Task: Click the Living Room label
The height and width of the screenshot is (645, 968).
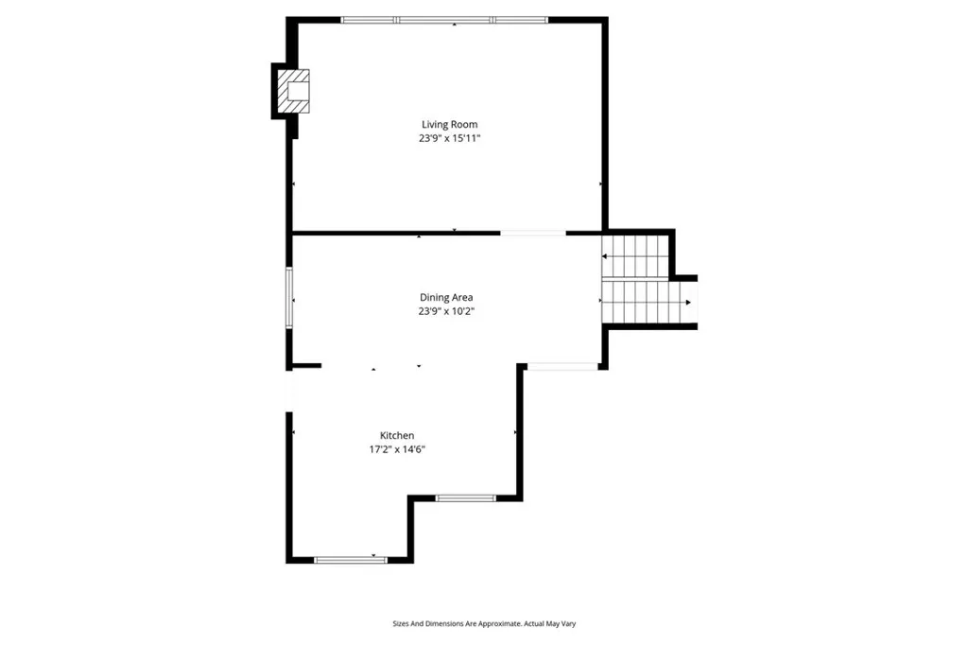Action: tap(449, 124)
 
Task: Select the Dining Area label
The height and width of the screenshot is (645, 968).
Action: tap(446, 297)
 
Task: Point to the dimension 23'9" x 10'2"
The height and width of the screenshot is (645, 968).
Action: tap(446, 310)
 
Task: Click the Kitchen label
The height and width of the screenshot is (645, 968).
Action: tap(397, 435)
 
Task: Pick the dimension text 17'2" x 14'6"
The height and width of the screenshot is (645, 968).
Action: tap(397, 449)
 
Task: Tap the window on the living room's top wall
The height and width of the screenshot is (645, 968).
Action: tap(444, 19)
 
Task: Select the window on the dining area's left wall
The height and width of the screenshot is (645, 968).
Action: tap(289, 298)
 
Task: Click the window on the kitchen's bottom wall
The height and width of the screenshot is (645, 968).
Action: tap(351, 560)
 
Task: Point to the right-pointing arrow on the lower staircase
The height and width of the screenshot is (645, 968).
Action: tap(687, 303)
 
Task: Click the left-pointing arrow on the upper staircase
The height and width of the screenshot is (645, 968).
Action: tap(606, 256)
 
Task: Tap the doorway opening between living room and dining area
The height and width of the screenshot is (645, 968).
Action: tap(533, 233)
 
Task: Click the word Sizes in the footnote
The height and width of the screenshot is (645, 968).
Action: tap(404, 624)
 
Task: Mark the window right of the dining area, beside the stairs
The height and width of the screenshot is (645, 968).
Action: tap(562, 367)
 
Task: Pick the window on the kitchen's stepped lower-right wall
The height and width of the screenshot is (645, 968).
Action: tap(465, 497)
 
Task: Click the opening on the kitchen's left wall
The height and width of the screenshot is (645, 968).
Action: tap(289, 390)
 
